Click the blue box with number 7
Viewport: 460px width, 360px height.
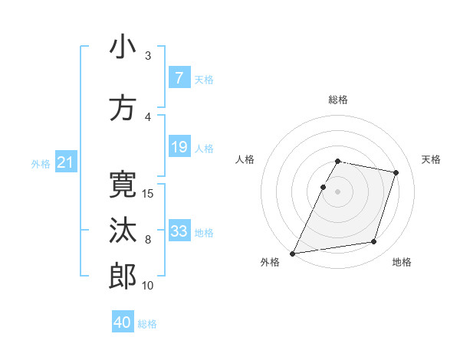tap(179, 77)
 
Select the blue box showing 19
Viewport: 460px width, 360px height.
tap(179, 147)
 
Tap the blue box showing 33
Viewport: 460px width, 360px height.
tap(179, 231)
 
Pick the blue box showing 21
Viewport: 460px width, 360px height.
tap(65, 162)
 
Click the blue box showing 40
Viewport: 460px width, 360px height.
tap(123, 322)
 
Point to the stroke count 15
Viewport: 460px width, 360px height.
tap(149, 193)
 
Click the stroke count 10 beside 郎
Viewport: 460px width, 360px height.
tap(148, 286)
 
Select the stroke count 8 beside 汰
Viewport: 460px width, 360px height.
tap(148, 239)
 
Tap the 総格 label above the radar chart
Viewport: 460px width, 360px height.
tap(338, 100)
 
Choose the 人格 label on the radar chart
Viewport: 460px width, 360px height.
tap(245, 159)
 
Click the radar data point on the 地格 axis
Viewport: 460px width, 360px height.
tap(374, 242)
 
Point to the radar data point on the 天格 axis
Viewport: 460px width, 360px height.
tap(396, 172)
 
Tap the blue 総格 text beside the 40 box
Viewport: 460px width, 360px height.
tap(147, 323)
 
